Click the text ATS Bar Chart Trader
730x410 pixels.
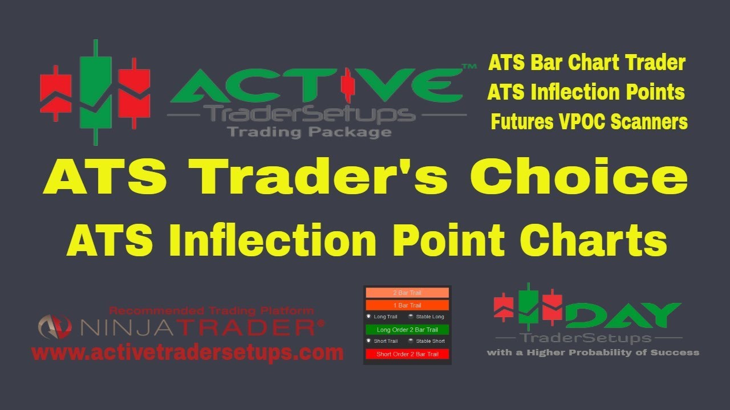click(586, 63)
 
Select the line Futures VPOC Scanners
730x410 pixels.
click(589, 122)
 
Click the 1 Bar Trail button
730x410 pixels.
click(407, 305)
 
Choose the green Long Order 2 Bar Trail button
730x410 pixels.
click(407, 330)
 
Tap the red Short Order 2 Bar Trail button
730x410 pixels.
click(407, 354)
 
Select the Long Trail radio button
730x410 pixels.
click(369, 317)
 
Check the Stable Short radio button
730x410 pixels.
click(412, 341)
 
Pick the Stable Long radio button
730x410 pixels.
click(412, 317)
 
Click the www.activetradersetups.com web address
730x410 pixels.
click(188, 352)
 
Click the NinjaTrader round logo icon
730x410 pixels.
click(55, 327)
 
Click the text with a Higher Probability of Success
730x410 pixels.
click(593, 352)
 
